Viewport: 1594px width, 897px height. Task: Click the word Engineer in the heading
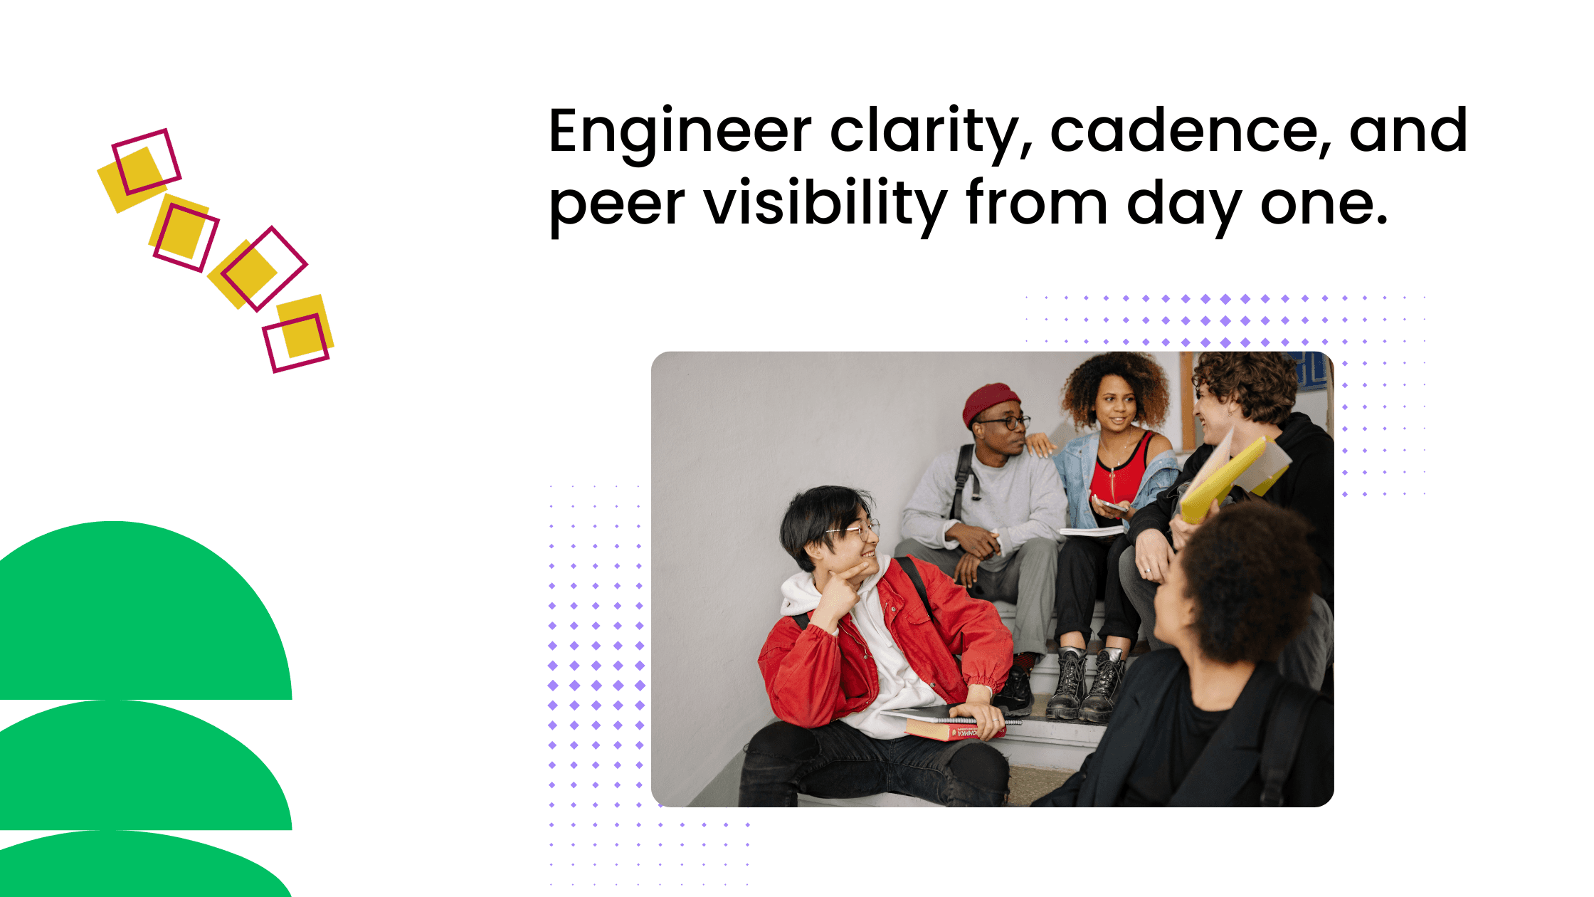(x=680, y=132)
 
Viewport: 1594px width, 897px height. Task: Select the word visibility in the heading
(x=825, y=204)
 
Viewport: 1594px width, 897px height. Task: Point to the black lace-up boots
(x=1085, y=683)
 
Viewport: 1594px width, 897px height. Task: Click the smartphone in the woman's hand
(x=1112, y=505)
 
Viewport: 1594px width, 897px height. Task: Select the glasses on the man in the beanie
(x=1005, y=422)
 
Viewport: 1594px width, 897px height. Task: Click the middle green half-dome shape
(x=142, y=772)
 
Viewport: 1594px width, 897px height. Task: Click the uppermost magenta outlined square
(x=147, y=161)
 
